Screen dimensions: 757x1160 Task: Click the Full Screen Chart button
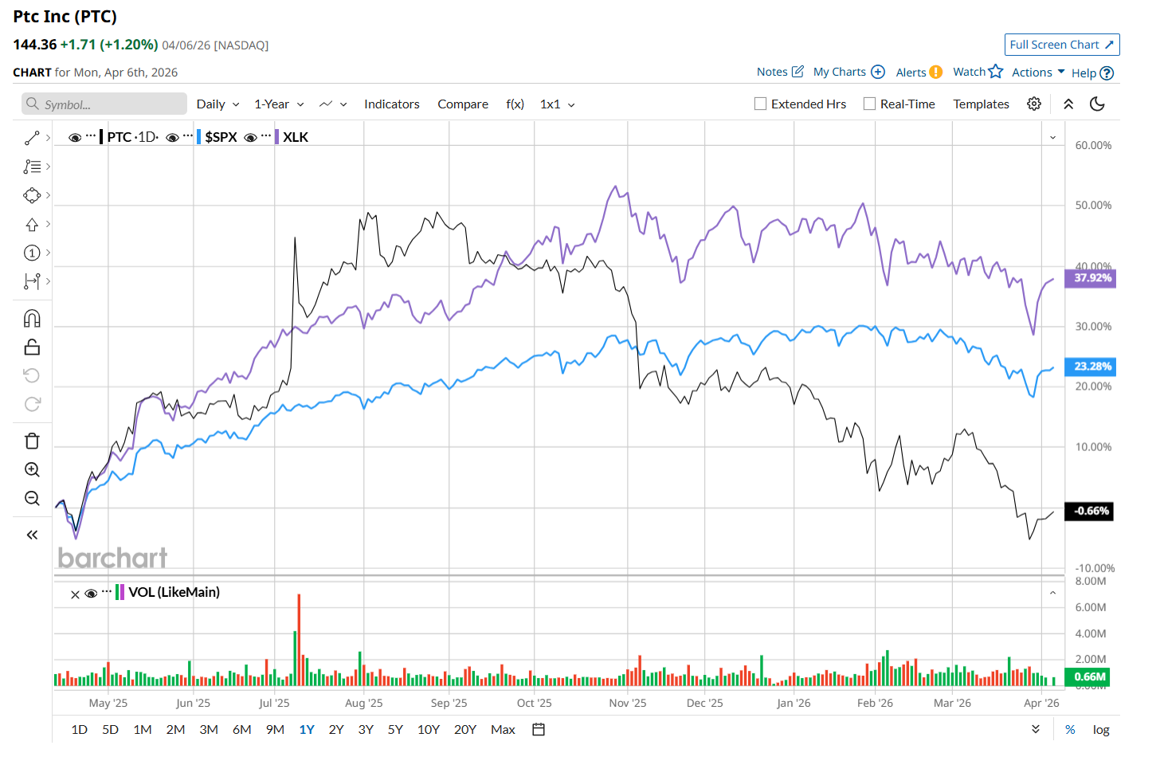click(1061, 45)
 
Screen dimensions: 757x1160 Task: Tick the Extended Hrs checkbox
click(761, 104)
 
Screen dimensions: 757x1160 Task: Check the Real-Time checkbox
click(869, 104)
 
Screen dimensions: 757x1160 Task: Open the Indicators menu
click(391, 104)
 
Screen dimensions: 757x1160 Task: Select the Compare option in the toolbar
click(463, 104)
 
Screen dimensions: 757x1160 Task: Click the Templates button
click(981, 104)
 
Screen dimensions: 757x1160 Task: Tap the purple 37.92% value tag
click(1091, 278)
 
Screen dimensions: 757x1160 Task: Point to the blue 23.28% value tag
click(1091, 367)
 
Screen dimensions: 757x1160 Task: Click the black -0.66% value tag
click(1091, 511)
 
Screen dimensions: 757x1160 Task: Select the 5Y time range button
click(395, 729)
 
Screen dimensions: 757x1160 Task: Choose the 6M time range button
click(241, 729)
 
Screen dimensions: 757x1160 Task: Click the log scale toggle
click(1101, 729)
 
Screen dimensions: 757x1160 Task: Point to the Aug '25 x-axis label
click(363, 703)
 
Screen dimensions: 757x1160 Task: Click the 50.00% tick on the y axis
click(1093, 206)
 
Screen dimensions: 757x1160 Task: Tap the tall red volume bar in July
click(299, 637)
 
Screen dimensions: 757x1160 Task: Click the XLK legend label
click(296, 137)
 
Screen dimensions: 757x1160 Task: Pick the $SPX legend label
click(221, 137)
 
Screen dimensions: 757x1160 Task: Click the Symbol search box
click(104, 104)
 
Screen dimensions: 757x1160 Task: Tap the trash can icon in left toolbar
click(32, 441)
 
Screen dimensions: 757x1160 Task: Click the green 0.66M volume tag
click(1089, 677)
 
